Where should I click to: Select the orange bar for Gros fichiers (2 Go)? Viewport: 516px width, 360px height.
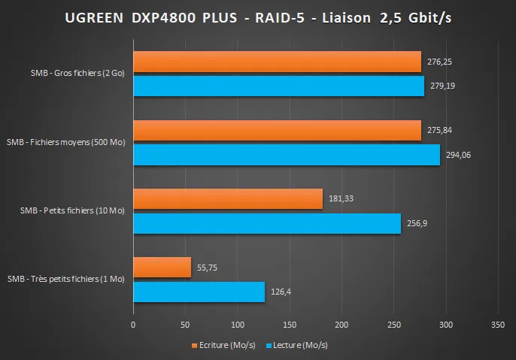pos(277,62)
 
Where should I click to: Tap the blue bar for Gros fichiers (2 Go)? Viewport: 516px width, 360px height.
pos(278,86)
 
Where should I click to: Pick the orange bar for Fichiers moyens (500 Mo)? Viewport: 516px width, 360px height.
pos(277,131)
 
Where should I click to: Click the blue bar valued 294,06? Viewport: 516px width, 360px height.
pos(287,155)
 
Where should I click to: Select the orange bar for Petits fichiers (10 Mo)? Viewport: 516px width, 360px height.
pos(228,199)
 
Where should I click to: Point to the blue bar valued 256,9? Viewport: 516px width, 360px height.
pos(267,223)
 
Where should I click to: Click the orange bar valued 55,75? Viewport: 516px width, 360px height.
pos(162,268)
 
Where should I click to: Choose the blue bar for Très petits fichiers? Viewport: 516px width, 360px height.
pos(199,292)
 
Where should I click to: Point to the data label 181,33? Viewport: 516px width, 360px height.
pos(341,199)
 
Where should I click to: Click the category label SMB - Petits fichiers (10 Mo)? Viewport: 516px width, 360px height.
pos(72,210)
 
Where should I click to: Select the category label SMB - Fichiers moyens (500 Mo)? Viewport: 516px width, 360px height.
pos(65,142)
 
